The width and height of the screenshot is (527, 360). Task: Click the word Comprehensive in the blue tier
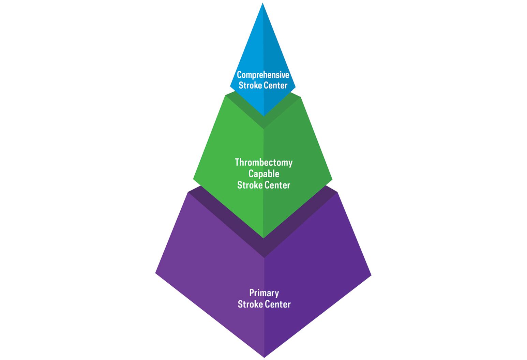[x=263, y=75]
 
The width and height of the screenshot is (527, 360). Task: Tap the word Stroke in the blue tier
[x=249, y=85]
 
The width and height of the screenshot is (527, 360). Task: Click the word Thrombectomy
[x=263, y=162]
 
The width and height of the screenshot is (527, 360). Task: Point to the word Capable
[x=263, y=174]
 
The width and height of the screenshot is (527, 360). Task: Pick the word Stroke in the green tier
[x=250, y=185]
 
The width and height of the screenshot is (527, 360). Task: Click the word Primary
[x=264, y=293]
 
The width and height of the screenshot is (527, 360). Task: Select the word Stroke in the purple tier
[x=250, y=304]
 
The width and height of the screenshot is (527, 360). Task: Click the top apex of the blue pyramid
[x=262, y=3]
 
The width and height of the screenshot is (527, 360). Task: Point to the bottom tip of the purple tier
[x=264, y=357]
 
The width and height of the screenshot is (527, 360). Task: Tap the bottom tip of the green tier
[x=263, y=238]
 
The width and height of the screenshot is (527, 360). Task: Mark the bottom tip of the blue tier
[x=263, y=116]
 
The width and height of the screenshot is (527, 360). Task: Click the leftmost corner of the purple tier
[x=156, y=273]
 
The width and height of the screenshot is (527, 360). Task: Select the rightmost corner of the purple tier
[x=371, y=275]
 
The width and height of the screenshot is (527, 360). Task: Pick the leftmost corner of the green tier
[x=193, y=178]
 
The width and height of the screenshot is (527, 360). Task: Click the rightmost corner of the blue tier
[x=295, y=88]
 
